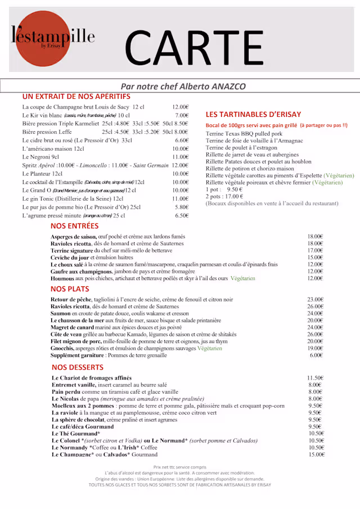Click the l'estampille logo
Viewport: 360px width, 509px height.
(53, 38)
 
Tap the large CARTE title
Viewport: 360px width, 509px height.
(193, 45)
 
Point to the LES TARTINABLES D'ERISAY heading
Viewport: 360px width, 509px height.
(253, 114)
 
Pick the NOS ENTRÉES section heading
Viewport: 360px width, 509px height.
(74, 226)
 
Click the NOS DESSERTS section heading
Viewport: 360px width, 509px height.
(77, 367)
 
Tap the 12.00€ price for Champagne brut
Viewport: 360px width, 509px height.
(180, 107)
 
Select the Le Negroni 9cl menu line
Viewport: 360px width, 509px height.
(40, 157)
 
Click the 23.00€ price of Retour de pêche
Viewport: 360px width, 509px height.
(315, 300)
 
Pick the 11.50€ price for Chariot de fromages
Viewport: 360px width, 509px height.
(315, 378)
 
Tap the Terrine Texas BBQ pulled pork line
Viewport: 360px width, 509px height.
(244, 133)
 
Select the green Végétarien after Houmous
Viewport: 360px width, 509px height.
(242, 278)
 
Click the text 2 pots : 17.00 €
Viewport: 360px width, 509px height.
(224, 196)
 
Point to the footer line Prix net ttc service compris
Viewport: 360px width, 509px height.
(179, 467)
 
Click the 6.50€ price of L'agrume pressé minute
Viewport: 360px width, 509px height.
(181, 215)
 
